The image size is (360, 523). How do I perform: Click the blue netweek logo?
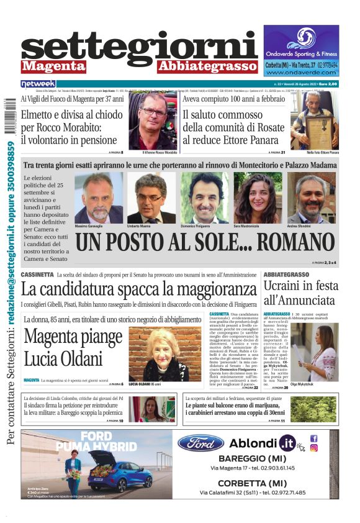point(38,84)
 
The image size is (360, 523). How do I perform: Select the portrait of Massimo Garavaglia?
point(99,198)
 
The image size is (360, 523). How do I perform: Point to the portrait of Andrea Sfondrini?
point(311,198)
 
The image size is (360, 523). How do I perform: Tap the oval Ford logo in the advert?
point(200,443)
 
